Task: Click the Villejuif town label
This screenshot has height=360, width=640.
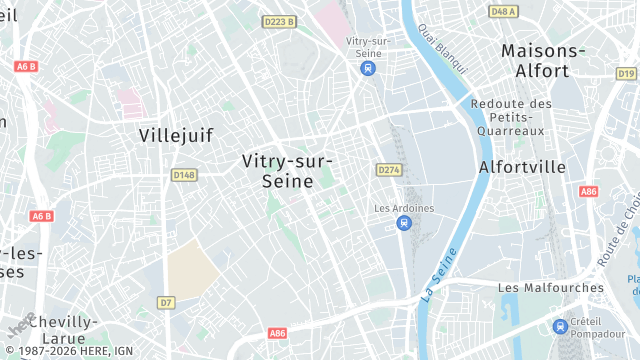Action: click(176, 135)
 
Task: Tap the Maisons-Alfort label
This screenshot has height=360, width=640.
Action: click(543, 60)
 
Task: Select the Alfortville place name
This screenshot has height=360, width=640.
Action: click(522, 167)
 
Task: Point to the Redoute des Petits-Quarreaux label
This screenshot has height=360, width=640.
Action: click(511, 117)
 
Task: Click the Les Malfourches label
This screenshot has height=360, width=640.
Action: click(551, 287)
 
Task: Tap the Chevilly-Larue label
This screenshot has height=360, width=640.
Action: click(63, 331)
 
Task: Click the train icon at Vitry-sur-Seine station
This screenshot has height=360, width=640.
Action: click(367, 68)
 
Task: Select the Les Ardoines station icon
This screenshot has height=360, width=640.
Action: click(404, 223)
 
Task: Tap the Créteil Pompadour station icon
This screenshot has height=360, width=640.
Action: click(561, 326)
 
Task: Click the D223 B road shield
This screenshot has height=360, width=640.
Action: click(278, 21)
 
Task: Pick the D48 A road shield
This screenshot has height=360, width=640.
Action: click(504, 12)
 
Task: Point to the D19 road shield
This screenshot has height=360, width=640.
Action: click(626, 73)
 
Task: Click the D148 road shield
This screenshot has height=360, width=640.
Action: click(183, 175)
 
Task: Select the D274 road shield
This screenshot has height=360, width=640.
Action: click(389, 170)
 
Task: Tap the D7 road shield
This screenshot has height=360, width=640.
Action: click(166, 302)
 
